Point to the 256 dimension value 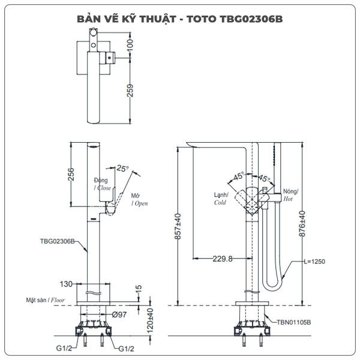coord(71,174)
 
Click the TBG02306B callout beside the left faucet coord(57,241)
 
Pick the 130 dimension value coord(67,284)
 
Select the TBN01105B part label coord(293,322)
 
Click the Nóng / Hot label coord(290,194)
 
